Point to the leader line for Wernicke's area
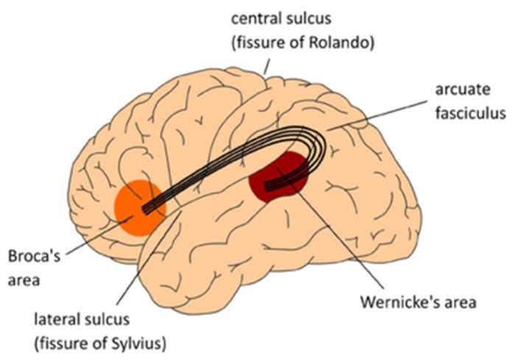339,236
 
